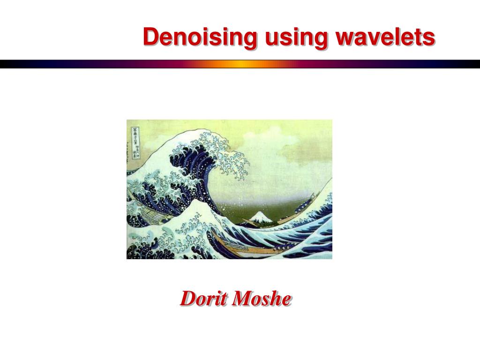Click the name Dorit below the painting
[x=204, y=299]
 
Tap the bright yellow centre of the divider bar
[x=240, y=64]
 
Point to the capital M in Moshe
[x=243, y=299]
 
